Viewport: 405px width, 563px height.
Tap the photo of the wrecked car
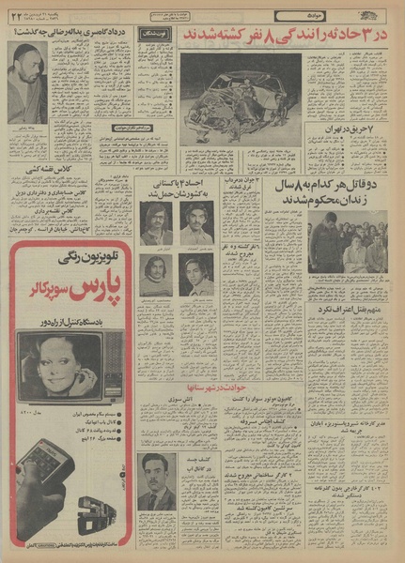[240, 98]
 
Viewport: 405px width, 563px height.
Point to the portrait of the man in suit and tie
[155, 482]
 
